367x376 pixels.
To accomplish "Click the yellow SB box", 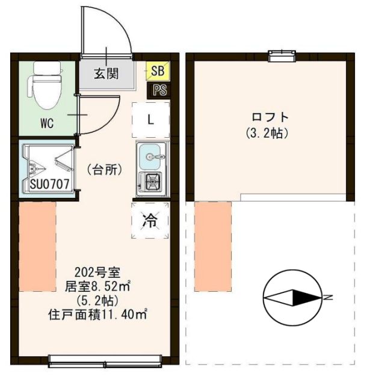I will tap(157, 71).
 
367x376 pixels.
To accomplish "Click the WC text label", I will tap(47, 124).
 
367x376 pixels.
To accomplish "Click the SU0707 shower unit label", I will tap(47, 183).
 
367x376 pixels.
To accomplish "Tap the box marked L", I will tap(151, 119).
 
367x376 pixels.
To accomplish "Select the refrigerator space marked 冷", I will tap(149, 221).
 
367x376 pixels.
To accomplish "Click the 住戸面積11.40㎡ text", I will tap(98, 313).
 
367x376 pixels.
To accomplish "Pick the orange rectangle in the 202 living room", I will tap(37, 247).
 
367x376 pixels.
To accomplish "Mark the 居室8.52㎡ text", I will tap(98, 285).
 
